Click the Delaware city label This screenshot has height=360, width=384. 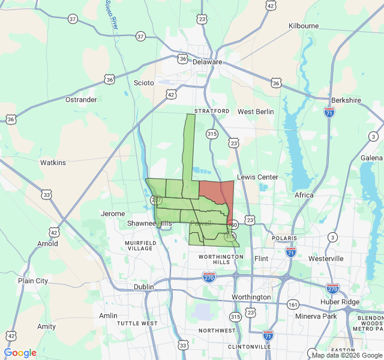click(x=208, y=62)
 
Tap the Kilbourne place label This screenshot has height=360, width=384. click(x=304, y=26)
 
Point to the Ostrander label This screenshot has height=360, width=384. click(x=80, y=99)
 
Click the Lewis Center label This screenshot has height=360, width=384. click(x=257, y=177)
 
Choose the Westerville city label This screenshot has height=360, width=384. click(x=326, y=258)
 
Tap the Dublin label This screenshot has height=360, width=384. click(x=143, y=287)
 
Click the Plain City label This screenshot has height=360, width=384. click(x=33, y=281)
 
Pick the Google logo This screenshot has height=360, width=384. click(x=20, y=353)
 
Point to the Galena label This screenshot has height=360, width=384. click(x=371, y=157)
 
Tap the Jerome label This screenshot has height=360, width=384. click(x=113, y=214)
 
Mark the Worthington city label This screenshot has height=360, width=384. click(x=251, y=297)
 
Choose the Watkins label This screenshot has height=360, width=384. click(x=53, y=163)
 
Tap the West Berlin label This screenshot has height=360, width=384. click(x=256, y=112)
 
